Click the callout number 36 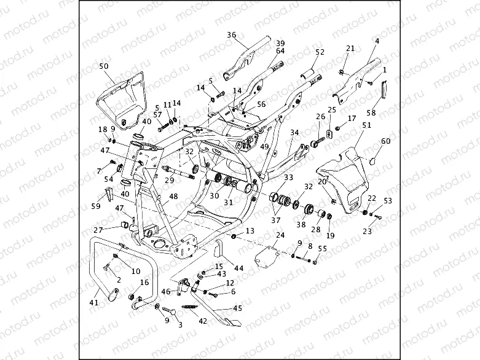tap(231, 35)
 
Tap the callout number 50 tap(103, 66)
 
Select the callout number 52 tap(320, 52)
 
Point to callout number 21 tap(350, 48)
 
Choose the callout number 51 tap(367, 125)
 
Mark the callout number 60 tap(385, 142)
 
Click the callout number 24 tap(280, 235)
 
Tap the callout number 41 tap(94, 303)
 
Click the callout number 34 tap(294, 132)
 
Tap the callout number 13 tap(250, 230)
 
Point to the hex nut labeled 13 tap(234, 237)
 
